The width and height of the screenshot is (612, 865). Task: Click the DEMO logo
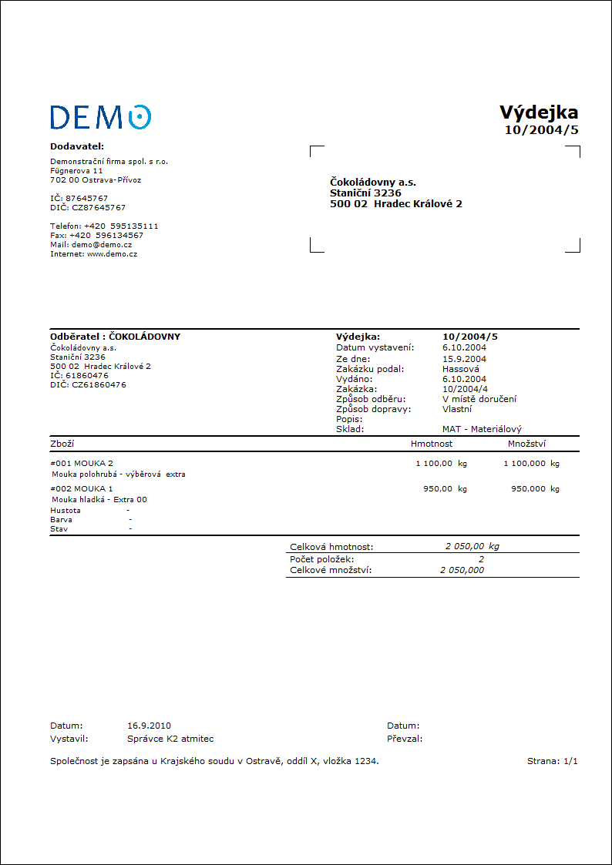[100, 116]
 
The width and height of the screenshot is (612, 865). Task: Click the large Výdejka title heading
[538, 112]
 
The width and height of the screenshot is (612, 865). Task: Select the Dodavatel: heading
[77, 146]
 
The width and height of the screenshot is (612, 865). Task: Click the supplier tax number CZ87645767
[97, 207]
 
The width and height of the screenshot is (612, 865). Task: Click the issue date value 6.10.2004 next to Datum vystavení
[464, 347]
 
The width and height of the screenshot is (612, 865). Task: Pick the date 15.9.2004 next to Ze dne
[464, 359]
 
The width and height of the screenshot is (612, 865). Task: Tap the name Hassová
[461, 369]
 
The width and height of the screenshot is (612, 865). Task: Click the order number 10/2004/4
[464, 389]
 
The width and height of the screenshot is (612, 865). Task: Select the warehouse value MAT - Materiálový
[482, 429]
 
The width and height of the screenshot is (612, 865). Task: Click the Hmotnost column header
[432, 444]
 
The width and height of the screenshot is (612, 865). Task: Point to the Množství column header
[527, 444]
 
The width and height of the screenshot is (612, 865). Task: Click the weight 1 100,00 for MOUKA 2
[434, 464]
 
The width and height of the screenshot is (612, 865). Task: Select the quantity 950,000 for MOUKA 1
[528, 488]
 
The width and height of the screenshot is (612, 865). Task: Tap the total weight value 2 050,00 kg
[472, 546]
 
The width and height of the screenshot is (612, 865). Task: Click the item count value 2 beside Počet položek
[481, 558]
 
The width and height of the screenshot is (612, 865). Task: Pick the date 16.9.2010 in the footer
[149, 726]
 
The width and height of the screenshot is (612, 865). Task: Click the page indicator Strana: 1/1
[552, 761]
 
